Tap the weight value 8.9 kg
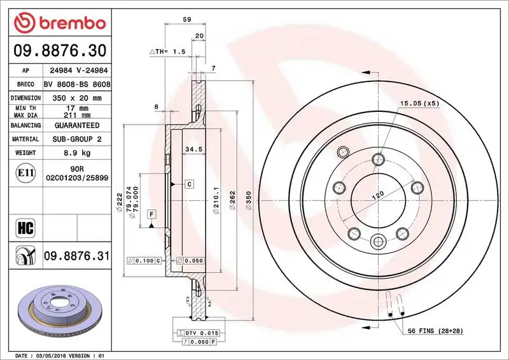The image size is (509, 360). [76, 153]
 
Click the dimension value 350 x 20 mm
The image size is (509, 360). [76, 98]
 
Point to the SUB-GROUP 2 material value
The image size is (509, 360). [76, 139]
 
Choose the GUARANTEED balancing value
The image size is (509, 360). [76, 125]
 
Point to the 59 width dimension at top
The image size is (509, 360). [186, 20]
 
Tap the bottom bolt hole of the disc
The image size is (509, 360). [378, 241]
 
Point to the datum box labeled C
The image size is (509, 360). [190, 184]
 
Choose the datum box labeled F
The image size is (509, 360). [151, 214]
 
